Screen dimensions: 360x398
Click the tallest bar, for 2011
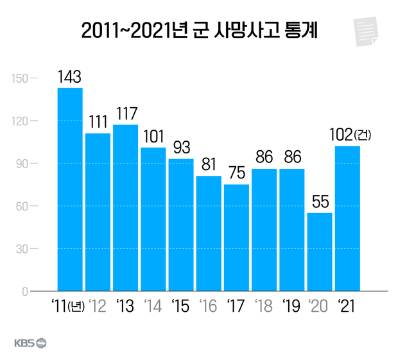pyautogui.click(x=70, y=189)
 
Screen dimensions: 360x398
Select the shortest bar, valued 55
pyautogui.click(x=320, y=252)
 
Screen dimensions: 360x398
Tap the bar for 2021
pyautogui.click(x=347, y=218)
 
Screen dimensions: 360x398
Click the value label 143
pyautogui.click(x=69, y=77)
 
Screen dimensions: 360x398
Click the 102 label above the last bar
pyautogui.click(x=337, y=136)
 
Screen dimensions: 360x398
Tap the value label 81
pyautogui.click(x=209, y=166)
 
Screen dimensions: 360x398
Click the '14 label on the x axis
pyautogui.click(x=153, y=306)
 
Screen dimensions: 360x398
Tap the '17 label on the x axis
pyautogui.click(x=236, y=306)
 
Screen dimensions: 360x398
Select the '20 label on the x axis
pyautogui.click(x=320, y=306)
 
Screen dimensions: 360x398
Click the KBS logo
pyautogui.click(x=30, y=343)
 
